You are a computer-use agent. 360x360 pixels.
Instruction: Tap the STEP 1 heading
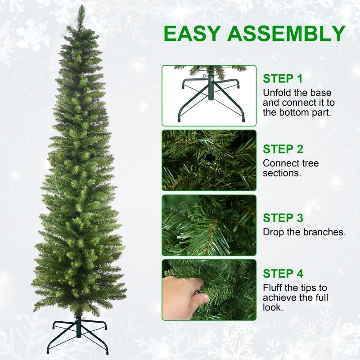coord(283,79)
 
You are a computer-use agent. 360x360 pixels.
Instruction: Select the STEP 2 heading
coord(283,149)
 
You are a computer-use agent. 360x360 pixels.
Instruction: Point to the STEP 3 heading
coord(283,218)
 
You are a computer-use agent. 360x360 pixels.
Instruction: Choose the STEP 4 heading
coord(283,274)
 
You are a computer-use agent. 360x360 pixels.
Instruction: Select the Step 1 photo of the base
coord(209,95)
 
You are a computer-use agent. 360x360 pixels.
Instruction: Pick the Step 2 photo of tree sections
coord(209,160)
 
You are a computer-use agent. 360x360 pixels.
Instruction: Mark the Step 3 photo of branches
coord(209,225)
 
